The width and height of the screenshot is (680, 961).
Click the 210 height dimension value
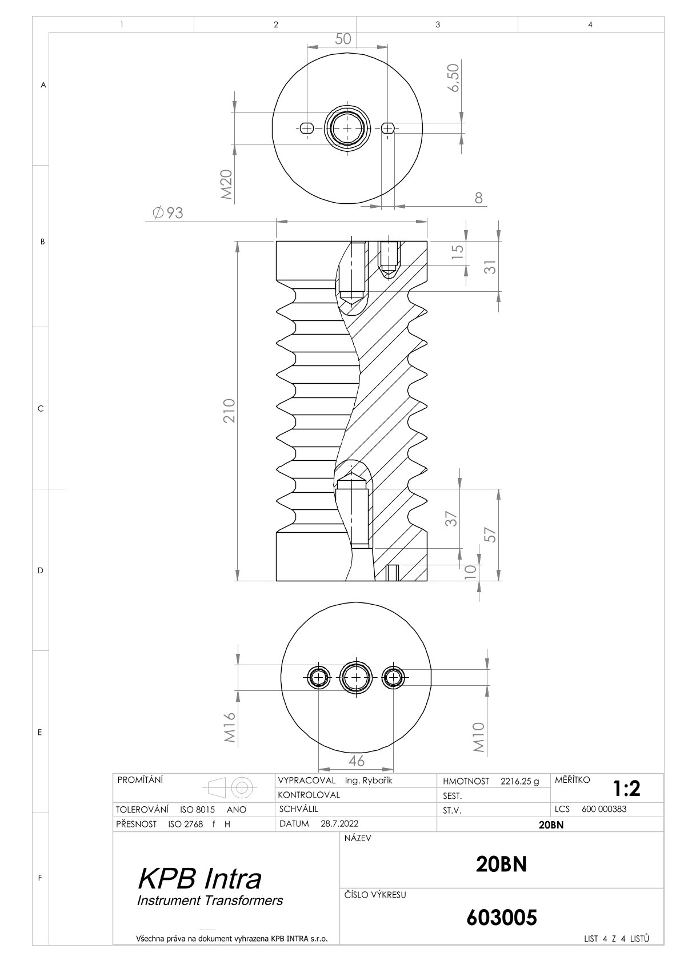[229, 411]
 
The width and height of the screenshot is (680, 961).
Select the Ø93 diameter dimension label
[168, 213]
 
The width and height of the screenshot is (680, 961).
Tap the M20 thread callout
[227, 184]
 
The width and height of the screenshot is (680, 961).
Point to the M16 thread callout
[230, 727]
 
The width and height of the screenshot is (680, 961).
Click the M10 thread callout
[479, 737]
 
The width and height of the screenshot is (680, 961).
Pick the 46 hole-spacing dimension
[357, 761]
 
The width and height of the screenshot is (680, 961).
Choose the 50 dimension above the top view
[343, 39]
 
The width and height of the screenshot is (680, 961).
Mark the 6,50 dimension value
[453, 78]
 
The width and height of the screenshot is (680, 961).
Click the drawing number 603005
[501, 918]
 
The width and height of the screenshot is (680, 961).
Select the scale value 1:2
[627, 788]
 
